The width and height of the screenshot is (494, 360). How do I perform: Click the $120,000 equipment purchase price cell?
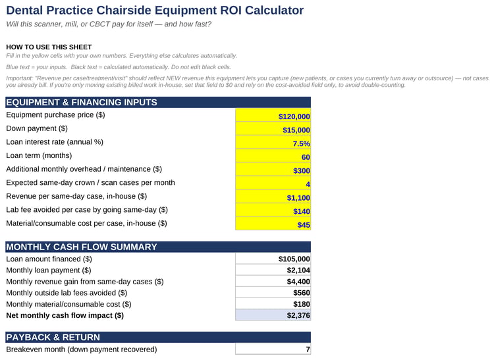pyautogui.click(x=273, y=115)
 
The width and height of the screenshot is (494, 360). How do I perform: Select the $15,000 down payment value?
pyautogui.click(x=273, y=129)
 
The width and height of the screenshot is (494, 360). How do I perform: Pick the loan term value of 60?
pyautogui.click(x=273, y=156)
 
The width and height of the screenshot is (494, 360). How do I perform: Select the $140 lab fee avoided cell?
pyautogui.click(x=273, y=210)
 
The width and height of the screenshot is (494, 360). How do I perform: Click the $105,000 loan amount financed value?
pyautogui.click(x=273, y=259)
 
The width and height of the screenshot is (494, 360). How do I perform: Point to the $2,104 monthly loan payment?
pyautogui.click(x=273, y=270)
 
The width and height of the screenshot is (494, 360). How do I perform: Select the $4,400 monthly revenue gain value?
pyautogui.click(x=273, y=281)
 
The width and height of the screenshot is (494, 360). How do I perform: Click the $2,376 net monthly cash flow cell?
pyautogui.click(x=273, y=315)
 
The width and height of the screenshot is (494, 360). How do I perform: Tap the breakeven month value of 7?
pyautogui.click(x=273, y=349)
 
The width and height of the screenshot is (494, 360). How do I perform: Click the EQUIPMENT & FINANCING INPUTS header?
pyautogui.click(x=82, y=102)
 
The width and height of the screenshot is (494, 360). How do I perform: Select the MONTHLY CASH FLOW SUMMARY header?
pyautogui.click(x=82, y=247)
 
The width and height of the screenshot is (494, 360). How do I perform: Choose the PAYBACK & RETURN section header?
pyautogui.click(x=53, y=337)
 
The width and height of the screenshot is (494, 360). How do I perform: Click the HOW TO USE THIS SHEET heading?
pyautogui.click(x=49, y=47)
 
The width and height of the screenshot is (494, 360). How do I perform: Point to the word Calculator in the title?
pyautogui.click(x=274, y=10)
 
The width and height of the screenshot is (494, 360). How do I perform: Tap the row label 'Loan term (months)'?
pyautogui.click(x=39, y=155)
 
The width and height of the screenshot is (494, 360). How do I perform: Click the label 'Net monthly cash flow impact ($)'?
pyautogui.click(x=65, y=315)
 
